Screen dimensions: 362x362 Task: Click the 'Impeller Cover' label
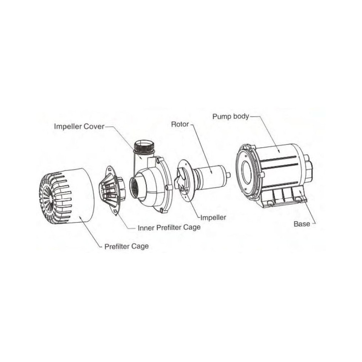point(79,126)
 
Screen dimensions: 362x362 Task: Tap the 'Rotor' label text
point(180,124)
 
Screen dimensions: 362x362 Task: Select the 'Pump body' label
point(231,116)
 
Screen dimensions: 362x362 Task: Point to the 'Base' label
point(302,224)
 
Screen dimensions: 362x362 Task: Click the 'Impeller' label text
point(213,218)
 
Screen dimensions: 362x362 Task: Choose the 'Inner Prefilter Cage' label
point(169,228)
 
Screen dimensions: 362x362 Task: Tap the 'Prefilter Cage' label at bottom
point(126,246)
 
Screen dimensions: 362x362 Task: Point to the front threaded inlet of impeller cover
point(136,188)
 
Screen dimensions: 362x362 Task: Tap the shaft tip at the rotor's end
point(228,175)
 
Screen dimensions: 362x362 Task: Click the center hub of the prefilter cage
point(50,197)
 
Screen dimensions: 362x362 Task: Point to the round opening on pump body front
point(247,172)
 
